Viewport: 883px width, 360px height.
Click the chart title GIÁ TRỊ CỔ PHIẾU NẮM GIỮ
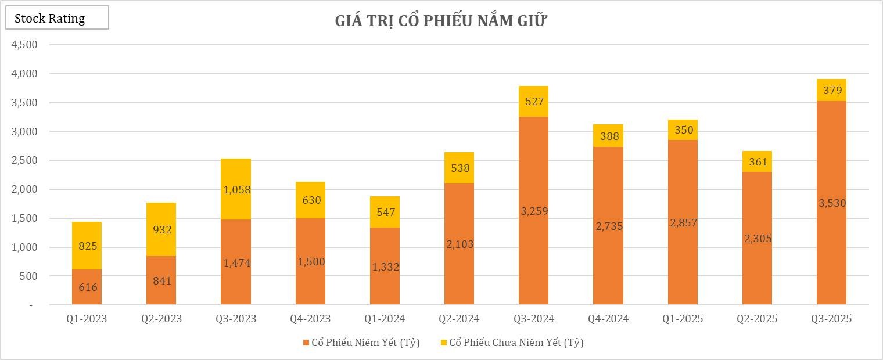(441, 21)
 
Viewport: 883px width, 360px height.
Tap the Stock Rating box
(57, 18)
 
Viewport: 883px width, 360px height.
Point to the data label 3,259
(533, 211)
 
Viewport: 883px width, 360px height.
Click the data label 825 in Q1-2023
(87, 246)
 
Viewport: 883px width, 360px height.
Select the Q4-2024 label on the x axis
(608, 319)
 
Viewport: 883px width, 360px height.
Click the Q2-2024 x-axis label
(459, 319)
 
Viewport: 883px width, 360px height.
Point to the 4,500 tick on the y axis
(25, 45)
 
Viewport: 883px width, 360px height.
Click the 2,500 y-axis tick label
(25, 160)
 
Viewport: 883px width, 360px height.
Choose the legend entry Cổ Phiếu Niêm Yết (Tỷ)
(361, 343)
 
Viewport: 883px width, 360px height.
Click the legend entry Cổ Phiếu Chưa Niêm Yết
(511, 343)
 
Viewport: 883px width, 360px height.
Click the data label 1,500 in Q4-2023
(310, 262)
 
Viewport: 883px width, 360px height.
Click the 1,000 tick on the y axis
(25, 247)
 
